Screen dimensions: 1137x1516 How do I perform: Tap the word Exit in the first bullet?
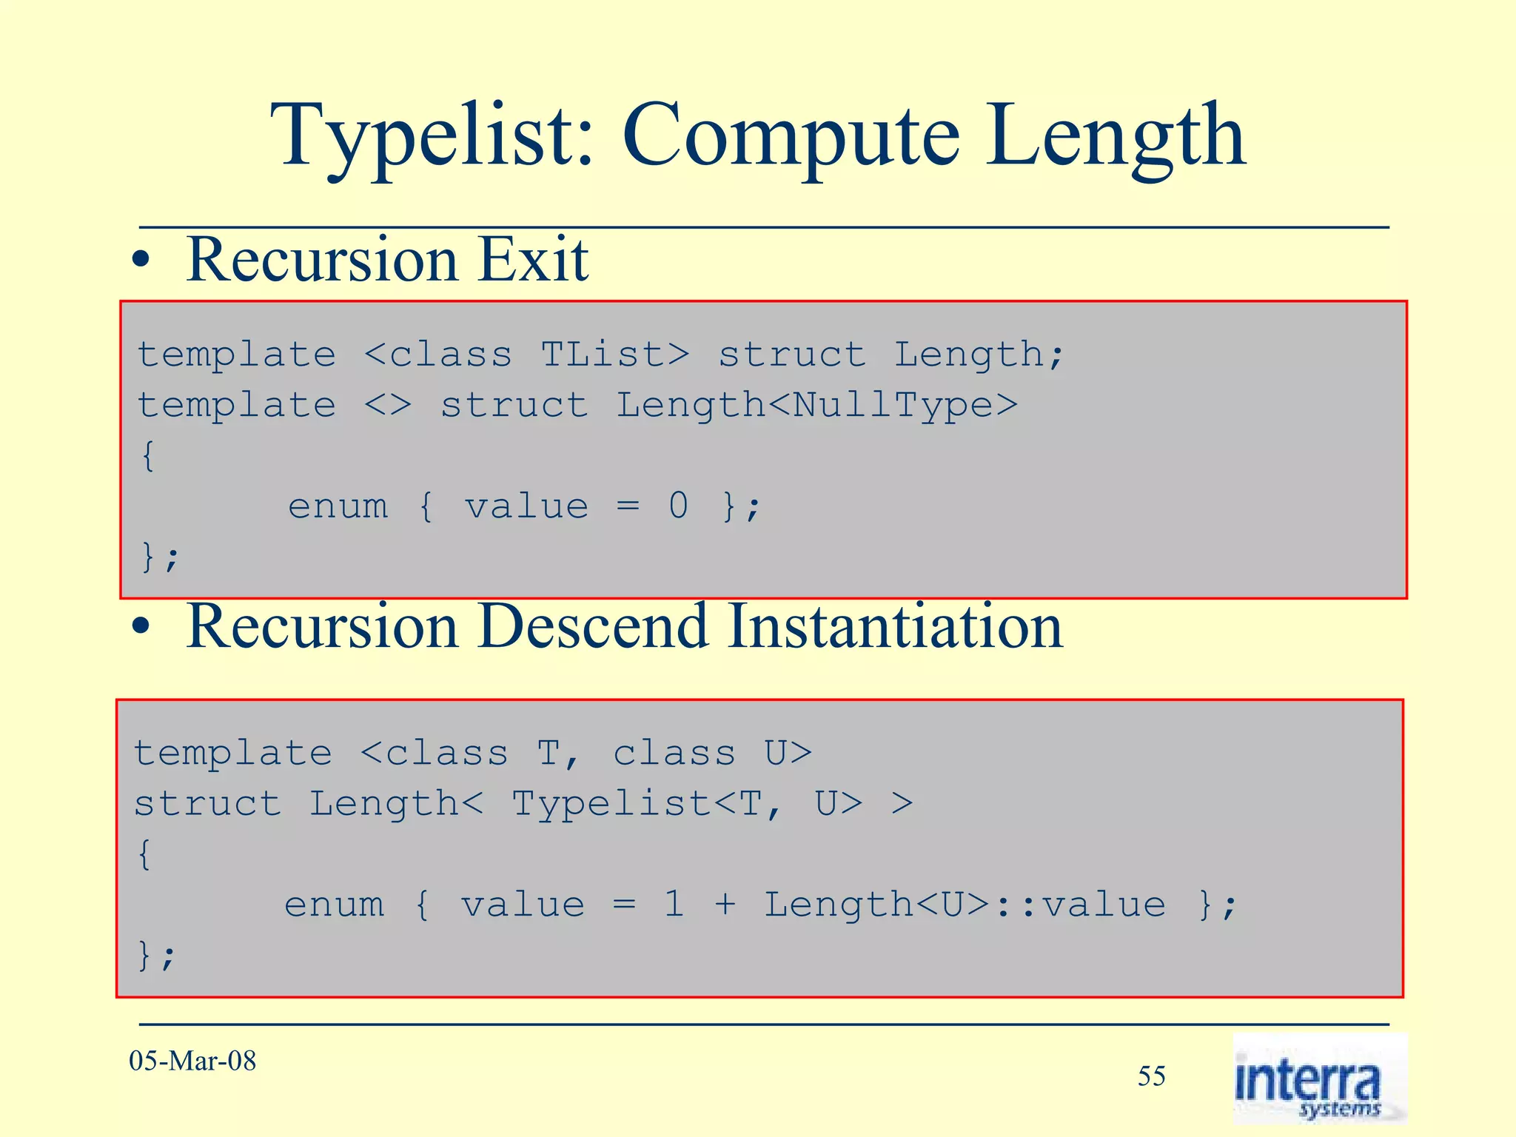tap(533, 260)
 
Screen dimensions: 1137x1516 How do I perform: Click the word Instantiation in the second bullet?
tap(895, 627)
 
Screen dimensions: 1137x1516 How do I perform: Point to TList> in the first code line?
tap(614, 355)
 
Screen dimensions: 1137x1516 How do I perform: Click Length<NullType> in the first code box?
tap(817, 405)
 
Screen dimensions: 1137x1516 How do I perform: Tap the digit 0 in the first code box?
tap(678, 506)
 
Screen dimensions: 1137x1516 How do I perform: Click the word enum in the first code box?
tap(338, 506)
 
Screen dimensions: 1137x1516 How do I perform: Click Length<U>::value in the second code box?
tap(964, 905)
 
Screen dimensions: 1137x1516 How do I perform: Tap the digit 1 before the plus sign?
tap(674, 905)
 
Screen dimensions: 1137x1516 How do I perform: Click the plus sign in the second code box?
tap(725, 905)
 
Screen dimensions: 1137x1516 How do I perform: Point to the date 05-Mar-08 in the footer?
tap(192, 1061)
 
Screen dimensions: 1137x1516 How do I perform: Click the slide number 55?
tap(1151, 1076)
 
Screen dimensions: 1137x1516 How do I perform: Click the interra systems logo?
tap(1318, 1079)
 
